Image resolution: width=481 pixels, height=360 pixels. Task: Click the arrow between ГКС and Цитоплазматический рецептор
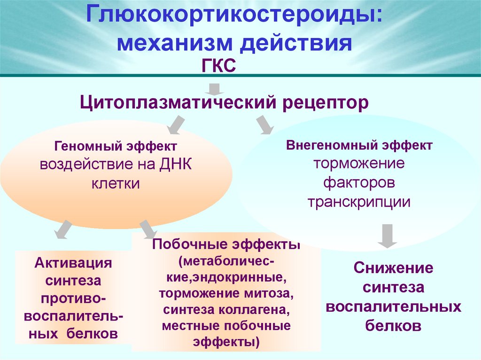click(215, 88)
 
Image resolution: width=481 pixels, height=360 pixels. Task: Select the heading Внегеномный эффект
click(359, 145)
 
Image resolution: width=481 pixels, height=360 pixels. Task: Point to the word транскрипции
click(359, 202)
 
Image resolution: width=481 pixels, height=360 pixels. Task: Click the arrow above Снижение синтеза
click(388, 236)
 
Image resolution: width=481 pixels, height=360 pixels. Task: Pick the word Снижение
click(393, 268)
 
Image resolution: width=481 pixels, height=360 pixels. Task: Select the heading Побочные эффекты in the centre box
click(226, 245)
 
